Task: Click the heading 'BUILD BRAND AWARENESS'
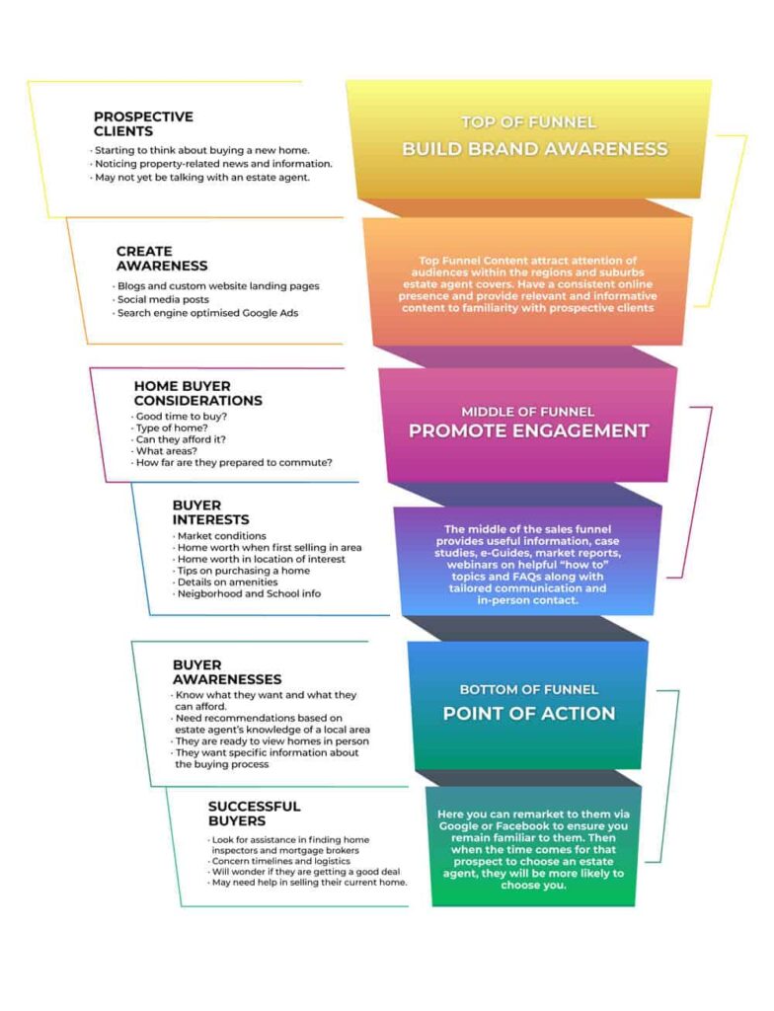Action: [x=534, y=149]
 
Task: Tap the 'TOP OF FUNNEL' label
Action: [x=528, y=122]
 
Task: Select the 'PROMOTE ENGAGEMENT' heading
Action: [x=529, y=430]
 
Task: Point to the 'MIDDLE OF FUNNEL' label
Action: [x=528, y=411]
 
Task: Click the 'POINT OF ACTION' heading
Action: [x=529, y=713]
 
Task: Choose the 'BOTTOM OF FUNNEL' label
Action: [x=528, y=689]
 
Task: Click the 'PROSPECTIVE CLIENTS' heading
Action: [x=143, y=123]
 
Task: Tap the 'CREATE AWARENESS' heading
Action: [x=162, y=259]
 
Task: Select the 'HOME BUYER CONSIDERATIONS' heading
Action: [x=198, y=394]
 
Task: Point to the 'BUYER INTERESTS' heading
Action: [x=210, y=512]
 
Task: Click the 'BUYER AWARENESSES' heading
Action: [x=227, y=672]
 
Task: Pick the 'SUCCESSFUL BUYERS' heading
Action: [x=255, y=814]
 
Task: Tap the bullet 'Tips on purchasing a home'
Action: [x=243, y=571]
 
